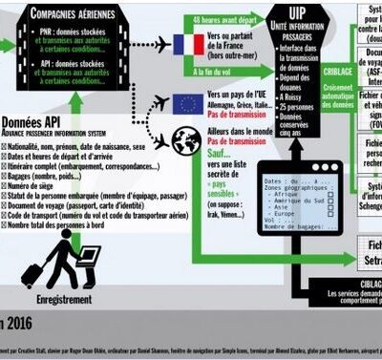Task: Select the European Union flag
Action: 186,103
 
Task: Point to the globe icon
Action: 185,141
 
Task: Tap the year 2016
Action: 17,323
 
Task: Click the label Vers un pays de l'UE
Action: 233,97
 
